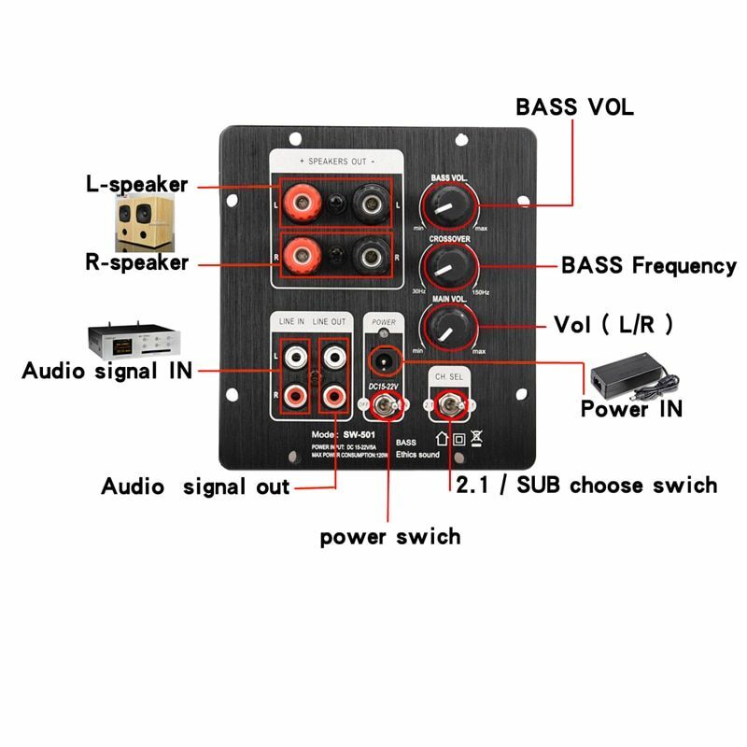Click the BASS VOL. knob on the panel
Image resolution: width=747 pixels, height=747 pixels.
pos(451,204)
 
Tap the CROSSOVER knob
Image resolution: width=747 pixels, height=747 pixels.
pos(451,266)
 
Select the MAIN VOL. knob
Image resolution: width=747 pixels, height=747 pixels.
pos(451,328)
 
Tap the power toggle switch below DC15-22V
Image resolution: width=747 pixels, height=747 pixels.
pos(385,405)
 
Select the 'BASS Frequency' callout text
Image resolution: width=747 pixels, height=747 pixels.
pos(648,265)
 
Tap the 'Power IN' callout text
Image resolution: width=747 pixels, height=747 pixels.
pos(631,409)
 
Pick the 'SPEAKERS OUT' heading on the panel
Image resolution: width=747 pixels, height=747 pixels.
pos(336,160)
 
